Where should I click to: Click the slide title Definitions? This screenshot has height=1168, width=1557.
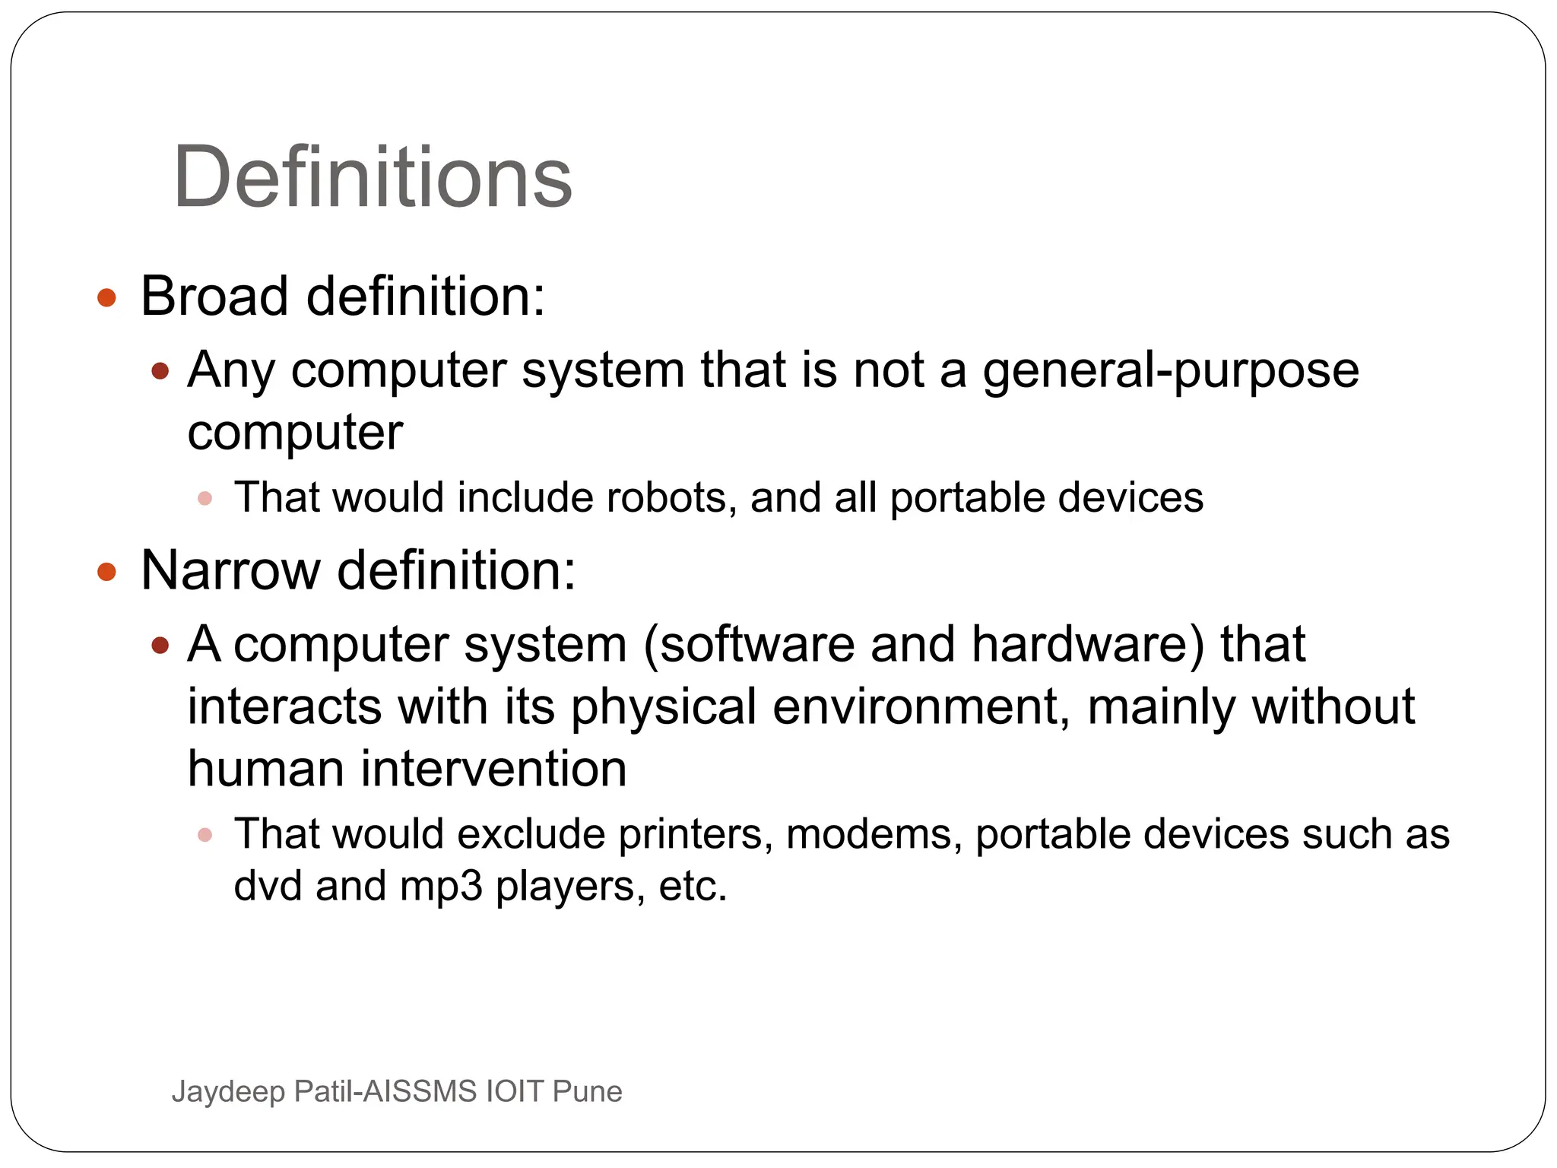click(x=373, y=178)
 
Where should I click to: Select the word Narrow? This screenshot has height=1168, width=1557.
click(x=230, y=570)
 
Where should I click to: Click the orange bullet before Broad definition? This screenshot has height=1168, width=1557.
click(x=107, y=297)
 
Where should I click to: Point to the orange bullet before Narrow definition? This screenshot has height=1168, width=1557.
click(x=107, y=572)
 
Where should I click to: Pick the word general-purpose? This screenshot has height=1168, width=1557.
click(x=1170, y=371)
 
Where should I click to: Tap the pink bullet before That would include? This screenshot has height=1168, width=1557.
click(x=205, y=499)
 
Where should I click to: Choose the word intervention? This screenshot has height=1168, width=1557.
click(x=493, y=769)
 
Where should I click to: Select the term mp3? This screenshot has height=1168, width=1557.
click(x=441, y=887)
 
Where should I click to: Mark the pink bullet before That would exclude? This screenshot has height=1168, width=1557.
click(x=205, y=836)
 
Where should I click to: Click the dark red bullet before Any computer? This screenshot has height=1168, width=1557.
click(x=160, y=372)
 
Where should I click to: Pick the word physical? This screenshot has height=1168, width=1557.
click(x=663, y=707)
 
